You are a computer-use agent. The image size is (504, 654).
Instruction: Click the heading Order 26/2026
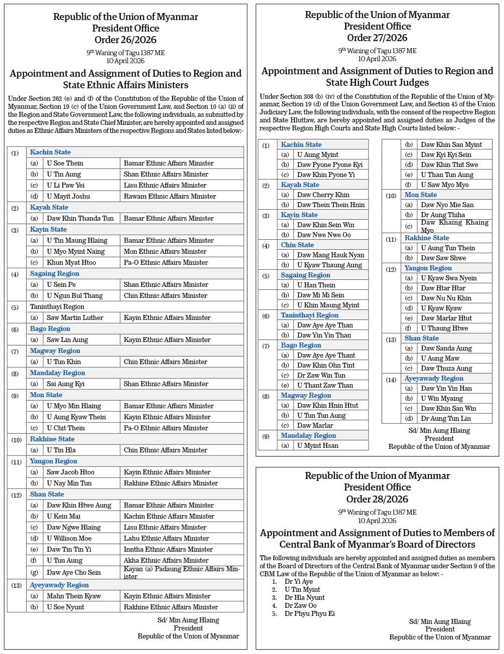(125, 40)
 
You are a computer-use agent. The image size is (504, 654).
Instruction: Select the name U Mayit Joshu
(68, 196)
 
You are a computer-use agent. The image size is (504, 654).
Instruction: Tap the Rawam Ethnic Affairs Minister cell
(170, 196)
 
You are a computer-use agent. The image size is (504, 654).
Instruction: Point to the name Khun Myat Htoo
(71, 262)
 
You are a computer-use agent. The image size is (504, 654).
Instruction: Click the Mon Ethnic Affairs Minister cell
(165, 251)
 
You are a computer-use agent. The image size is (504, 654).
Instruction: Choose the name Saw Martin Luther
(75, 317)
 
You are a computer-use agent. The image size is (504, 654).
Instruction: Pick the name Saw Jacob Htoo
(70, 472)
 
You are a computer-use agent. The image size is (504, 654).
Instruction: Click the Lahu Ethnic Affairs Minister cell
(166, 538)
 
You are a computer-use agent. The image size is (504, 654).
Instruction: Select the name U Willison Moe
(69, 538)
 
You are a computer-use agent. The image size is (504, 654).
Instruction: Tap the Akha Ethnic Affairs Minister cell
(166, 560)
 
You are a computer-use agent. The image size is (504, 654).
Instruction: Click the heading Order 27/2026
(377, 38)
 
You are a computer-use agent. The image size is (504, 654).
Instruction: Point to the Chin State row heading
(297, 245)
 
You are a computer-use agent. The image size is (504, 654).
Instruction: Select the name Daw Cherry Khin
(323, 195)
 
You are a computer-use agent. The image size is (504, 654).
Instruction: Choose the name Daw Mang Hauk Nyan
(330, 255)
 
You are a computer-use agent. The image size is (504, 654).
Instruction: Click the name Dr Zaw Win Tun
(321, 375)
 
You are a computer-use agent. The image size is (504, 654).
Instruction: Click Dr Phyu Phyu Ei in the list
(309, 613)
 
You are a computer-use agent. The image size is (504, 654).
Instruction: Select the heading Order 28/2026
(377, 499)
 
